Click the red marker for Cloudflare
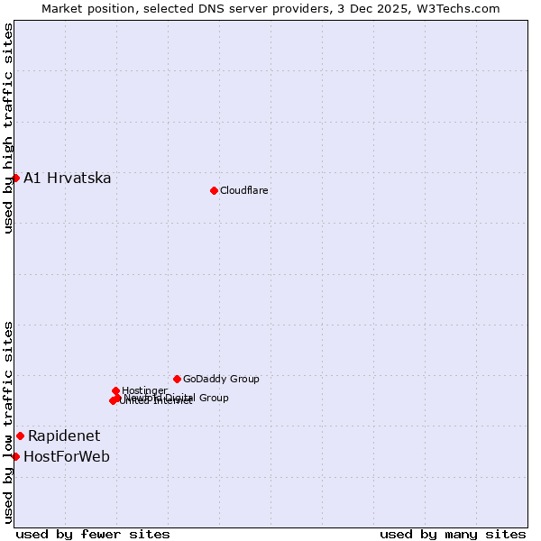(214, 190)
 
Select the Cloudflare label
(243, 190)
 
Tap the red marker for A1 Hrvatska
(15, 178)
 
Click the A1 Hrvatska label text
(67, 178)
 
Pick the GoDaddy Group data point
(177, 379)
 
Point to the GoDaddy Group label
(220, 379)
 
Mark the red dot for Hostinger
(116, 390)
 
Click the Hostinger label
(144, 390)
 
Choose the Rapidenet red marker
(20, 436)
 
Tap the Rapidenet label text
(63, 436)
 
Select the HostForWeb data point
(15, 456)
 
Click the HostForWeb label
(66, 456)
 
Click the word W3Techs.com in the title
(463, 9)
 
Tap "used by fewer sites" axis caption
(93, 534)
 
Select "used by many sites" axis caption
(453, 534)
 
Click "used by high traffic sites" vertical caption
(8, 128)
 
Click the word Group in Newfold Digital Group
(213, 398)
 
